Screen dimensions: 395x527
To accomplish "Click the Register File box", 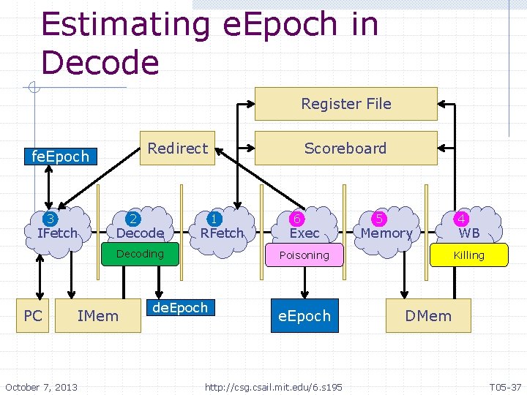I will tap(345, 104).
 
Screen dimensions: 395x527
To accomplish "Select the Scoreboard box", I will tap(345, 148).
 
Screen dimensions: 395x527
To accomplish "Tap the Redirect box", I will tap(177, 148).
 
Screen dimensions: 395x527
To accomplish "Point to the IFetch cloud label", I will tap(56, 233).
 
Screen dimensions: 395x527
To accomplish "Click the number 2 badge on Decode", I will tap(133, 219).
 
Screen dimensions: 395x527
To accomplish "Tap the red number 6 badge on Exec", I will tap(297, 219).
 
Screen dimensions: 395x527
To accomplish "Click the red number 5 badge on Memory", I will tap(379, 219).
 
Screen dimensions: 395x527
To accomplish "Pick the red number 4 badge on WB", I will tap(461, 219).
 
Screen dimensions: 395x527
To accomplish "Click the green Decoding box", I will tap(140, 254).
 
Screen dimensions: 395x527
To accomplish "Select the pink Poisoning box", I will tap(304, 255).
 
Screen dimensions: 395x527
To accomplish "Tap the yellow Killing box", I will tap(468, 255).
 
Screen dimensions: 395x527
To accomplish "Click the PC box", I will tap(33, 316).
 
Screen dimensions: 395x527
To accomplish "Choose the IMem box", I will tap(97, 316).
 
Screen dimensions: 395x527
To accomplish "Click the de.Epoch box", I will tap(180, 308).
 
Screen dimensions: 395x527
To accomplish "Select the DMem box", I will tap(428, 316).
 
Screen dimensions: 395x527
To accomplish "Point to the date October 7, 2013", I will tap(41, 386).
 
